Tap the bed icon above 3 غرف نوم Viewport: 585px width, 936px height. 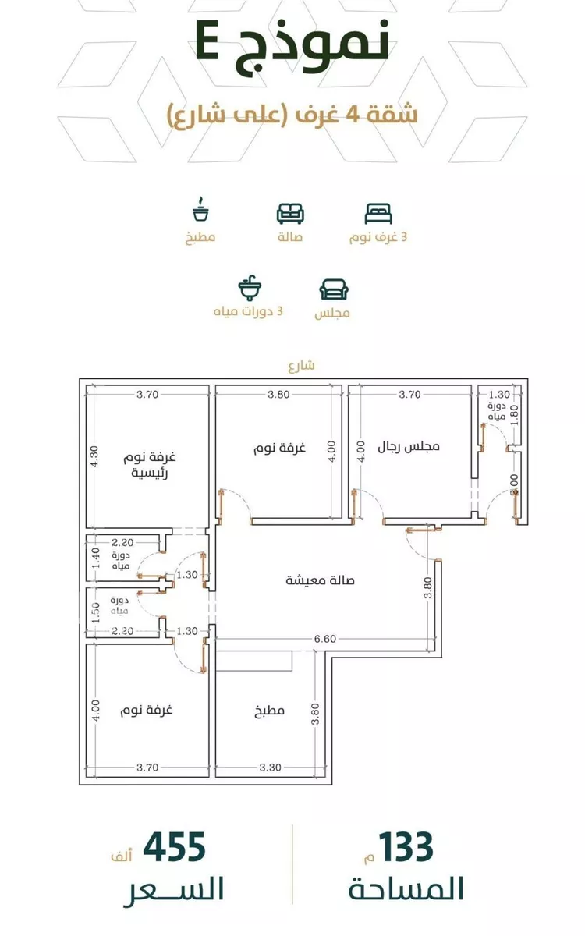[x=378, y=214]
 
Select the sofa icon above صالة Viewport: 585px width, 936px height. [x=290, y=214]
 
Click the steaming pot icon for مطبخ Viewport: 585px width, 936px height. [x=201, y=208]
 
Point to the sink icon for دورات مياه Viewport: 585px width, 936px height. [x=250, y=288]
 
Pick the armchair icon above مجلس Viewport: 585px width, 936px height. [x=334, y=289]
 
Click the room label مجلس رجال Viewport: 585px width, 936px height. [x=409, y=447]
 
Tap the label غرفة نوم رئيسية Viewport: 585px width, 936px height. [x=149, y=465]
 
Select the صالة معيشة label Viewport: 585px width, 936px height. [x=320, y=580]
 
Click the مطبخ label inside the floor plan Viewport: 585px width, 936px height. [x=269, y=711]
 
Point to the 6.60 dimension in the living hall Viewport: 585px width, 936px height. [x=325, y=639]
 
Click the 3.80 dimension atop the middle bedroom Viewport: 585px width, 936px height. [x=278, y=395]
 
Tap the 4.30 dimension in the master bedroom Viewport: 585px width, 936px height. [x=95, y=456]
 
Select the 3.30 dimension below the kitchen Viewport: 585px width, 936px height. [x=270, y=768]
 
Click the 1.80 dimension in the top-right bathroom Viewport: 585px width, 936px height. [x=515, y=415]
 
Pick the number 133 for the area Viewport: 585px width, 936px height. [x=406, y=846]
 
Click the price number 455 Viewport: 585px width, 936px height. [x=174, y=846]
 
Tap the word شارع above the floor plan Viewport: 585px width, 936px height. [x=301, y=366]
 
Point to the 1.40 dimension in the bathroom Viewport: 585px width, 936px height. [x=96, y=558]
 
